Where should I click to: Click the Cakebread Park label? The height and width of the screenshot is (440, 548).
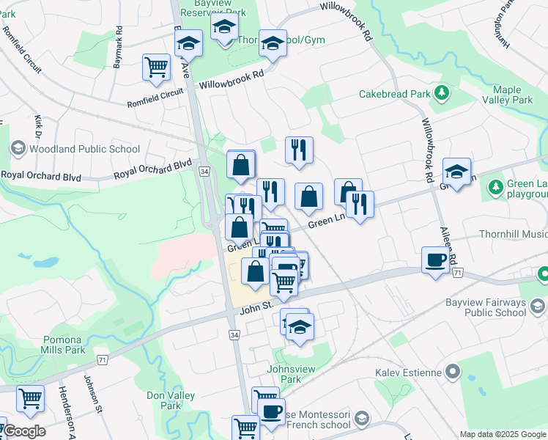pyautogui.click(x=394, y=94)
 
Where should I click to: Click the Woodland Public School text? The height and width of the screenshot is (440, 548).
pyautogui.click(x=84, y=149)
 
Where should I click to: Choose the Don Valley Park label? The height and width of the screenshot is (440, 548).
pyautogui.click(x=164, y=400)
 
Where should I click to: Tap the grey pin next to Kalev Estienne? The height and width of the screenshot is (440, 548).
pyautogui.click(x=452, y=373)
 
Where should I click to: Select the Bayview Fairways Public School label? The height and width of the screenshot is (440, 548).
pyautogui.click(x=485, y=307)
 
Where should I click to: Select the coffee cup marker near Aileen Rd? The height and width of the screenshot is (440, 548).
pyautogui.click(x=436, y=261)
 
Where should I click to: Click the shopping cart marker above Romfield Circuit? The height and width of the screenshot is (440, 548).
pyautogui.click(x=157, y=68)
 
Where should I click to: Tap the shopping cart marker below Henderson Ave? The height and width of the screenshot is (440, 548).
pyautogui.click(x=30, y=400)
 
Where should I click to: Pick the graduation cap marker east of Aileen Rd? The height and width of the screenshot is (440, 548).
pyautogui.click(x=457, y=173)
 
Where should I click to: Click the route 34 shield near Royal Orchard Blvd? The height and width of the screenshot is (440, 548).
pyautogui.click(x=204, y=171)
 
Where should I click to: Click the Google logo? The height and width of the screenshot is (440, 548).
pyautogui.click(x=23, y=431)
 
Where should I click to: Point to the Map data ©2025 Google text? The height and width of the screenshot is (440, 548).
pyautogui.click(x=503, y=434)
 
